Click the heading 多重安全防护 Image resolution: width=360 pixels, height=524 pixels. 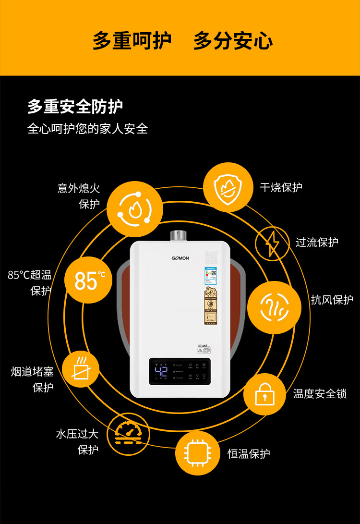point(75,107)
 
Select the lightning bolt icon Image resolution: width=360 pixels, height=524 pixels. point(273,243)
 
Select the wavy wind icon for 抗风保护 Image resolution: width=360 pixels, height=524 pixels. point(274,307)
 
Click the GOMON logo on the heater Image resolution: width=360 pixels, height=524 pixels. point(180,258)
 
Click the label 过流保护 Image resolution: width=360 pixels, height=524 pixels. point(317,242)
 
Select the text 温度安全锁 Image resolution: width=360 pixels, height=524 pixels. point(320,394)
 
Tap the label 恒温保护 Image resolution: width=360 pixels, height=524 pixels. point(249,453)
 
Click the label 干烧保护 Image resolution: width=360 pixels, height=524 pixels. point(281,187)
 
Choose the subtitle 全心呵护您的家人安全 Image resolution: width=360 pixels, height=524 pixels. point(87,129)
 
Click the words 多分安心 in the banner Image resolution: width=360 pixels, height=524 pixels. point(233,41)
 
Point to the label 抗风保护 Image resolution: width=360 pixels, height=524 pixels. point(332,300)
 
